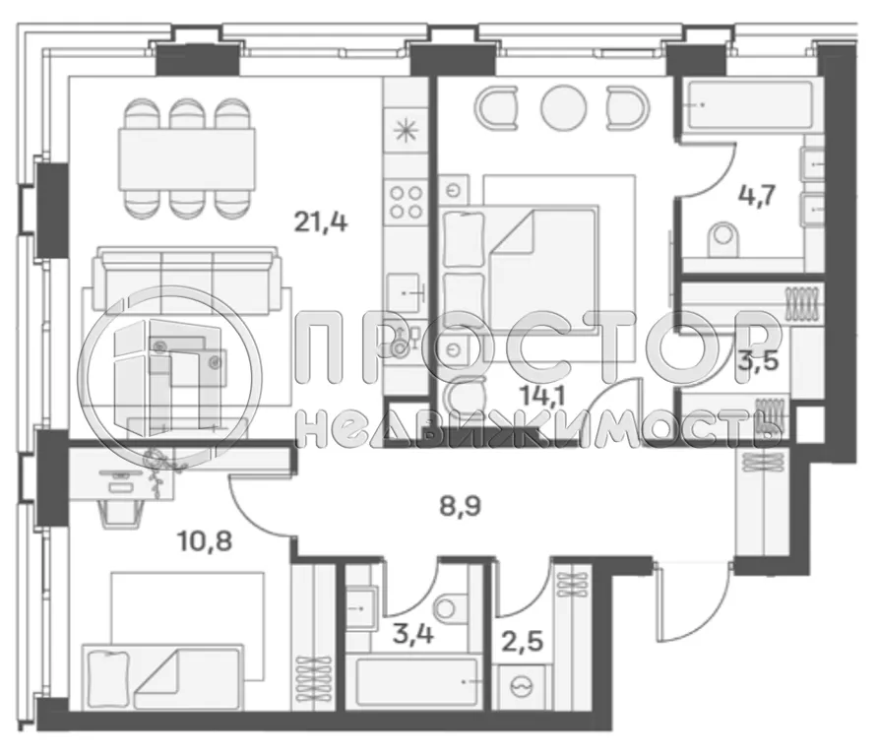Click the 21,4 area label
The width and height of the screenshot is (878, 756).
tap(322, 222)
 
